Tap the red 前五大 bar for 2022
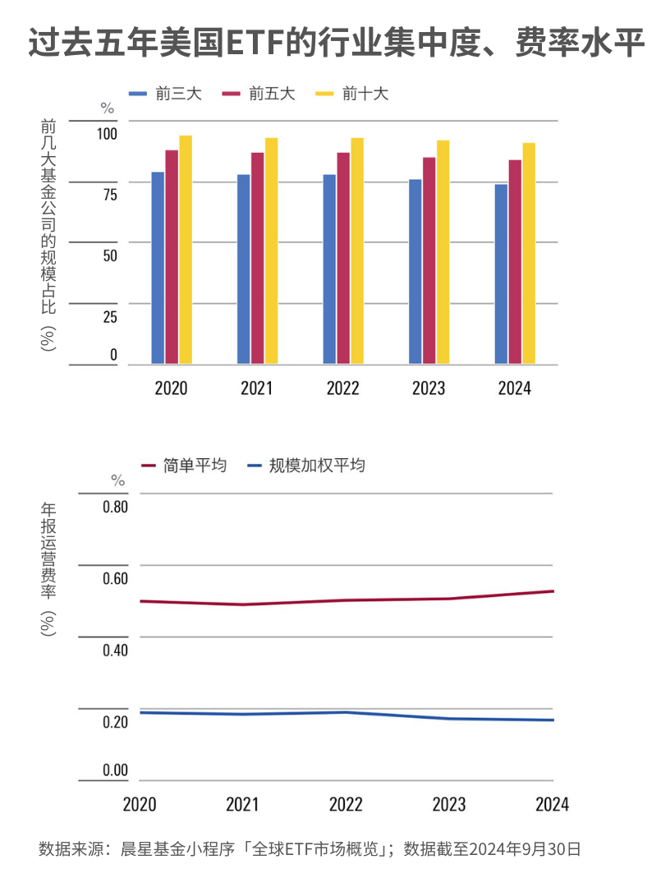pos(343,258)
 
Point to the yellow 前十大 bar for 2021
pos(271,250)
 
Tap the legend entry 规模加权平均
pos(317,466)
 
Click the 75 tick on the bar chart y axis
pos(109,195)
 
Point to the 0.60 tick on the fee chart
pos(115,578)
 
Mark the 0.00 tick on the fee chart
pos(115,770)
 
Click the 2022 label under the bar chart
pos(342,388)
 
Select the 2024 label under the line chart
pos(551,804)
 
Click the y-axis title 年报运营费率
pos(48,567)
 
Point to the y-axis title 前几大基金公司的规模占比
pos(48,234)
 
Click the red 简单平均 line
pos(345,600)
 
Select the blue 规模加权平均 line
pos(345,712)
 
